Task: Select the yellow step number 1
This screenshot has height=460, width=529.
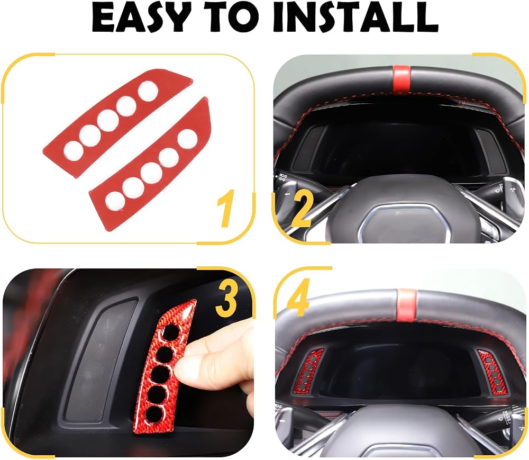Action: click(x=225, y=208)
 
